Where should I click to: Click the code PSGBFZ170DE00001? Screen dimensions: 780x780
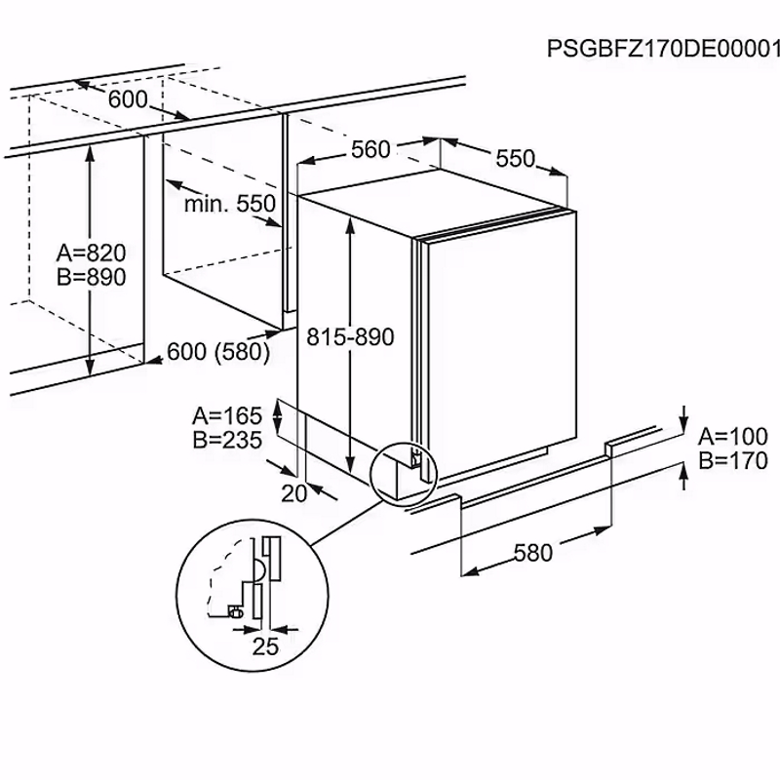(x=663, y=48)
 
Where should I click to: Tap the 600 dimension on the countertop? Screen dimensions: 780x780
(x=127, y=99)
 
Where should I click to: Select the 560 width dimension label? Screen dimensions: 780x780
(x=370, y=150)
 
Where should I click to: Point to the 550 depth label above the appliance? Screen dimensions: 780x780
(x=515, y=158)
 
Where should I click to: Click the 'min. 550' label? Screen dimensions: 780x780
(x=230, y=204)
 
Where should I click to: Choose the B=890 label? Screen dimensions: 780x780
(x=91, y=277)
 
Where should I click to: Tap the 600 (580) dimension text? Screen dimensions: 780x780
(x=218, y=353)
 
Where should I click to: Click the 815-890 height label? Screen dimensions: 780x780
(x=350, y=337)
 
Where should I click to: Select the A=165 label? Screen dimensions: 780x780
(x=227, y=416)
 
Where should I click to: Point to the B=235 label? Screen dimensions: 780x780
(x=227, y=440)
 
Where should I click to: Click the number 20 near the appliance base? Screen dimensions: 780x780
(x=293, y=493)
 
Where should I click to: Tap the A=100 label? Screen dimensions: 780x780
(x=734, y=437)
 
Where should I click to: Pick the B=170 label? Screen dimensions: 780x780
(x=734, y=461)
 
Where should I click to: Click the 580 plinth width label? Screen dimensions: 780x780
(x=532, y=553)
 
